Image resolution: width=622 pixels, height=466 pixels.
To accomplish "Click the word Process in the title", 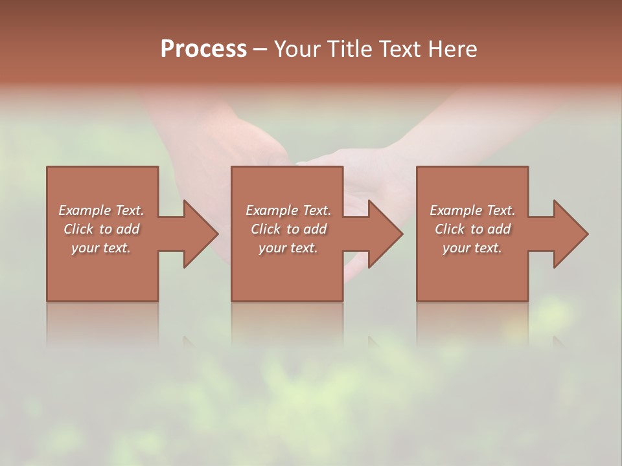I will [x=203, y=49].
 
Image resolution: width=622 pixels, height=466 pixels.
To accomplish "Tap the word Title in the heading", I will [x=347, y=49].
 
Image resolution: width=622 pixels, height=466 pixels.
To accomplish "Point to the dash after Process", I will [x=260, y=50].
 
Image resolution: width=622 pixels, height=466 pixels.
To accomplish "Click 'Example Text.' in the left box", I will [x=101, y=210].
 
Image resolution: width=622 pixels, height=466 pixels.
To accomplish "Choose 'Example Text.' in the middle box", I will [x=288, y=210].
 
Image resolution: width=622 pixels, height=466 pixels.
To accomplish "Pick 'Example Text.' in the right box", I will [x=472, y=210].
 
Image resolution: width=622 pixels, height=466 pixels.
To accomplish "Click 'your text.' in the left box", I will [x=101, y=248].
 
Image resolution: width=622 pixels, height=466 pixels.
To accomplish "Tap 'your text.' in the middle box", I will [x=288, y=248].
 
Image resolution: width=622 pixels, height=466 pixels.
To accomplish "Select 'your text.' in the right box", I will [x=472, y=248].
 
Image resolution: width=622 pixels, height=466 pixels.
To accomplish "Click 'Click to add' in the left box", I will [x=101, y=229].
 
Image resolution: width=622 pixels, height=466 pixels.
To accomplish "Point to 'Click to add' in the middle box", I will [x=288, y=229].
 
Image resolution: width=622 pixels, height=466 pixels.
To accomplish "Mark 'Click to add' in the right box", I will [x=472, y=229].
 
